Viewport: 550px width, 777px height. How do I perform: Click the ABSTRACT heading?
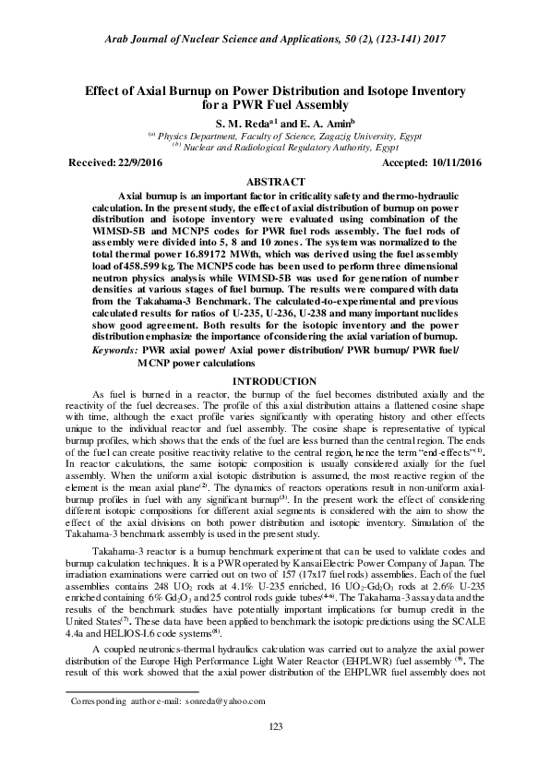(x=275, y=183)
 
